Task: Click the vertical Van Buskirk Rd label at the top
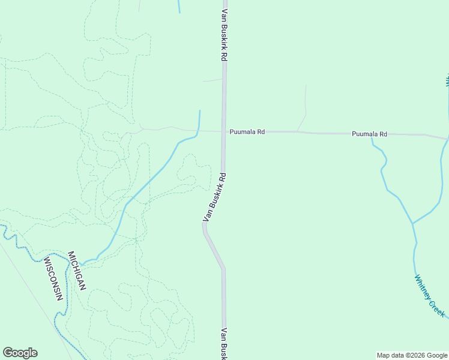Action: point(224,34)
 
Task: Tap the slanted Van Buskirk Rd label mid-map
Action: point(215,197)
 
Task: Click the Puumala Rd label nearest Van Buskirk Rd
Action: point(247,131)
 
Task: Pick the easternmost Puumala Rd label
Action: point(369,134)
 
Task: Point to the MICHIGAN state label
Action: point(77,271)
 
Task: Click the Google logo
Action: point(20,353)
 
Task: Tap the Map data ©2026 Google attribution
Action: point(412,355)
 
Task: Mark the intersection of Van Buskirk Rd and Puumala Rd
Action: point(224,131)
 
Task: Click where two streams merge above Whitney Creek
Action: point(412,223)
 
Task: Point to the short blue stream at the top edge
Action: point(178,6)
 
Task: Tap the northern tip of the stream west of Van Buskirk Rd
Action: point(199,111)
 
